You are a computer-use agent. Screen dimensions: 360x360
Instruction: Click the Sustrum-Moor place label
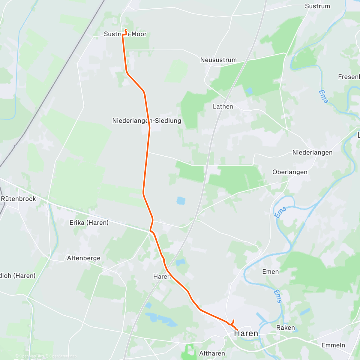(x=125, y=34)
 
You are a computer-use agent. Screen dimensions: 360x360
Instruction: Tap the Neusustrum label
(x=218, y=60)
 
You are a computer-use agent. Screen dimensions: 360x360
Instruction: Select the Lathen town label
(x=223, y=106)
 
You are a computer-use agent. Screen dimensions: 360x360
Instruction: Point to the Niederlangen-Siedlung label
(x=147, y=121)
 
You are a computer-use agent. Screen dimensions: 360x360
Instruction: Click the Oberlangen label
(x=290, y=172)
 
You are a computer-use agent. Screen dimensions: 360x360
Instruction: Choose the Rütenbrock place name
(x=18, y=199)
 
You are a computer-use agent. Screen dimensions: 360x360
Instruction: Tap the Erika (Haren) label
(x=89, y=223)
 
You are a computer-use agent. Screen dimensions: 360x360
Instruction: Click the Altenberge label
(x=84, y=258)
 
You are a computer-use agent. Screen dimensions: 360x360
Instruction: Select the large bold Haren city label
(x=246, y=333)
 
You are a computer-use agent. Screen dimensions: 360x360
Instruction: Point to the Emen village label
(x=270, y=272)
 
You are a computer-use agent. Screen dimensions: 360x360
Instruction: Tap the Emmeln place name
(x=333, y=345)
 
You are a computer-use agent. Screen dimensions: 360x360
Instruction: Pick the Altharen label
(x=212, y=353)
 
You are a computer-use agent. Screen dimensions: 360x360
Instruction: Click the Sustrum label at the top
(x=317, y=6)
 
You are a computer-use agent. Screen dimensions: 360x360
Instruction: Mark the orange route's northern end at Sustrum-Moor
(x=125, y=29)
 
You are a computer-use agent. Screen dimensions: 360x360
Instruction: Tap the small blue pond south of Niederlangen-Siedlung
(x=181, y=200)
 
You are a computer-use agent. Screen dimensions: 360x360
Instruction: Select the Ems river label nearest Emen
(x=279, y=296)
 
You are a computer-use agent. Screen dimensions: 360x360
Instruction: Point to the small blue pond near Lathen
(x=249, y=90)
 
